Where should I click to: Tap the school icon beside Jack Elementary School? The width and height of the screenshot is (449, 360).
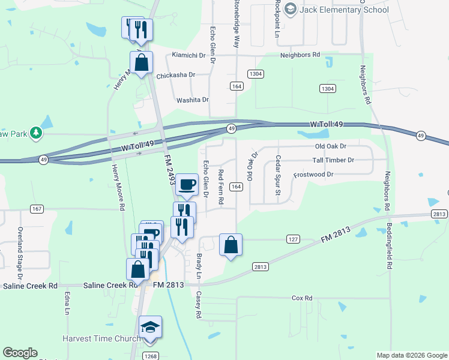click(291, 9)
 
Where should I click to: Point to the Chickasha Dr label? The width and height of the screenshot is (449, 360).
click(176, 75)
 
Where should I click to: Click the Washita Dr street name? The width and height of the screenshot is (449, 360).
click(192, 100)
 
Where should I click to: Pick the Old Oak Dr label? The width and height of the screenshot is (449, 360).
click(331, 146)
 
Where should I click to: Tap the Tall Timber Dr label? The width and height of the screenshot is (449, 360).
click(333, 160)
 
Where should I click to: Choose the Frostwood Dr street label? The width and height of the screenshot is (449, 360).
click(313, 175)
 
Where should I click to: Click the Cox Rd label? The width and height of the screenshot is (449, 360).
click(302, 298)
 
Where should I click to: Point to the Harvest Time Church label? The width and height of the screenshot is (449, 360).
click(101, 339)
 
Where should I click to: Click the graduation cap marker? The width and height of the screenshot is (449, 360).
click(150, 328)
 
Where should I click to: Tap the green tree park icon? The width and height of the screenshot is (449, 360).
click(36, 133)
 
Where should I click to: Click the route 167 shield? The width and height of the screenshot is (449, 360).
click(37, 208)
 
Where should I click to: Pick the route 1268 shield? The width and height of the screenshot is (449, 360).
click(150, 356)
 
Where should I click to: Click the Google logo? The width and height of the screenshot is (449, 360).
click(20, 353)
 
